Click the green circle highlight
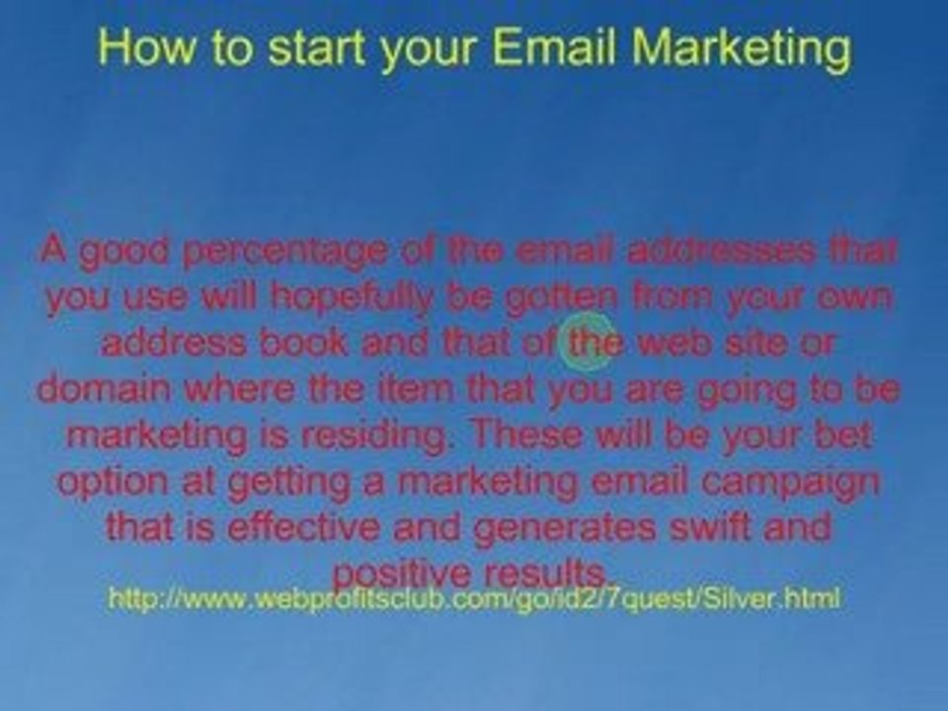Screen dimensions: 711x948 point(589,341)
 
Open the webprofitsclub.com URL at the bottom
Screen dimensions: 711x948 point(473,598)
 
